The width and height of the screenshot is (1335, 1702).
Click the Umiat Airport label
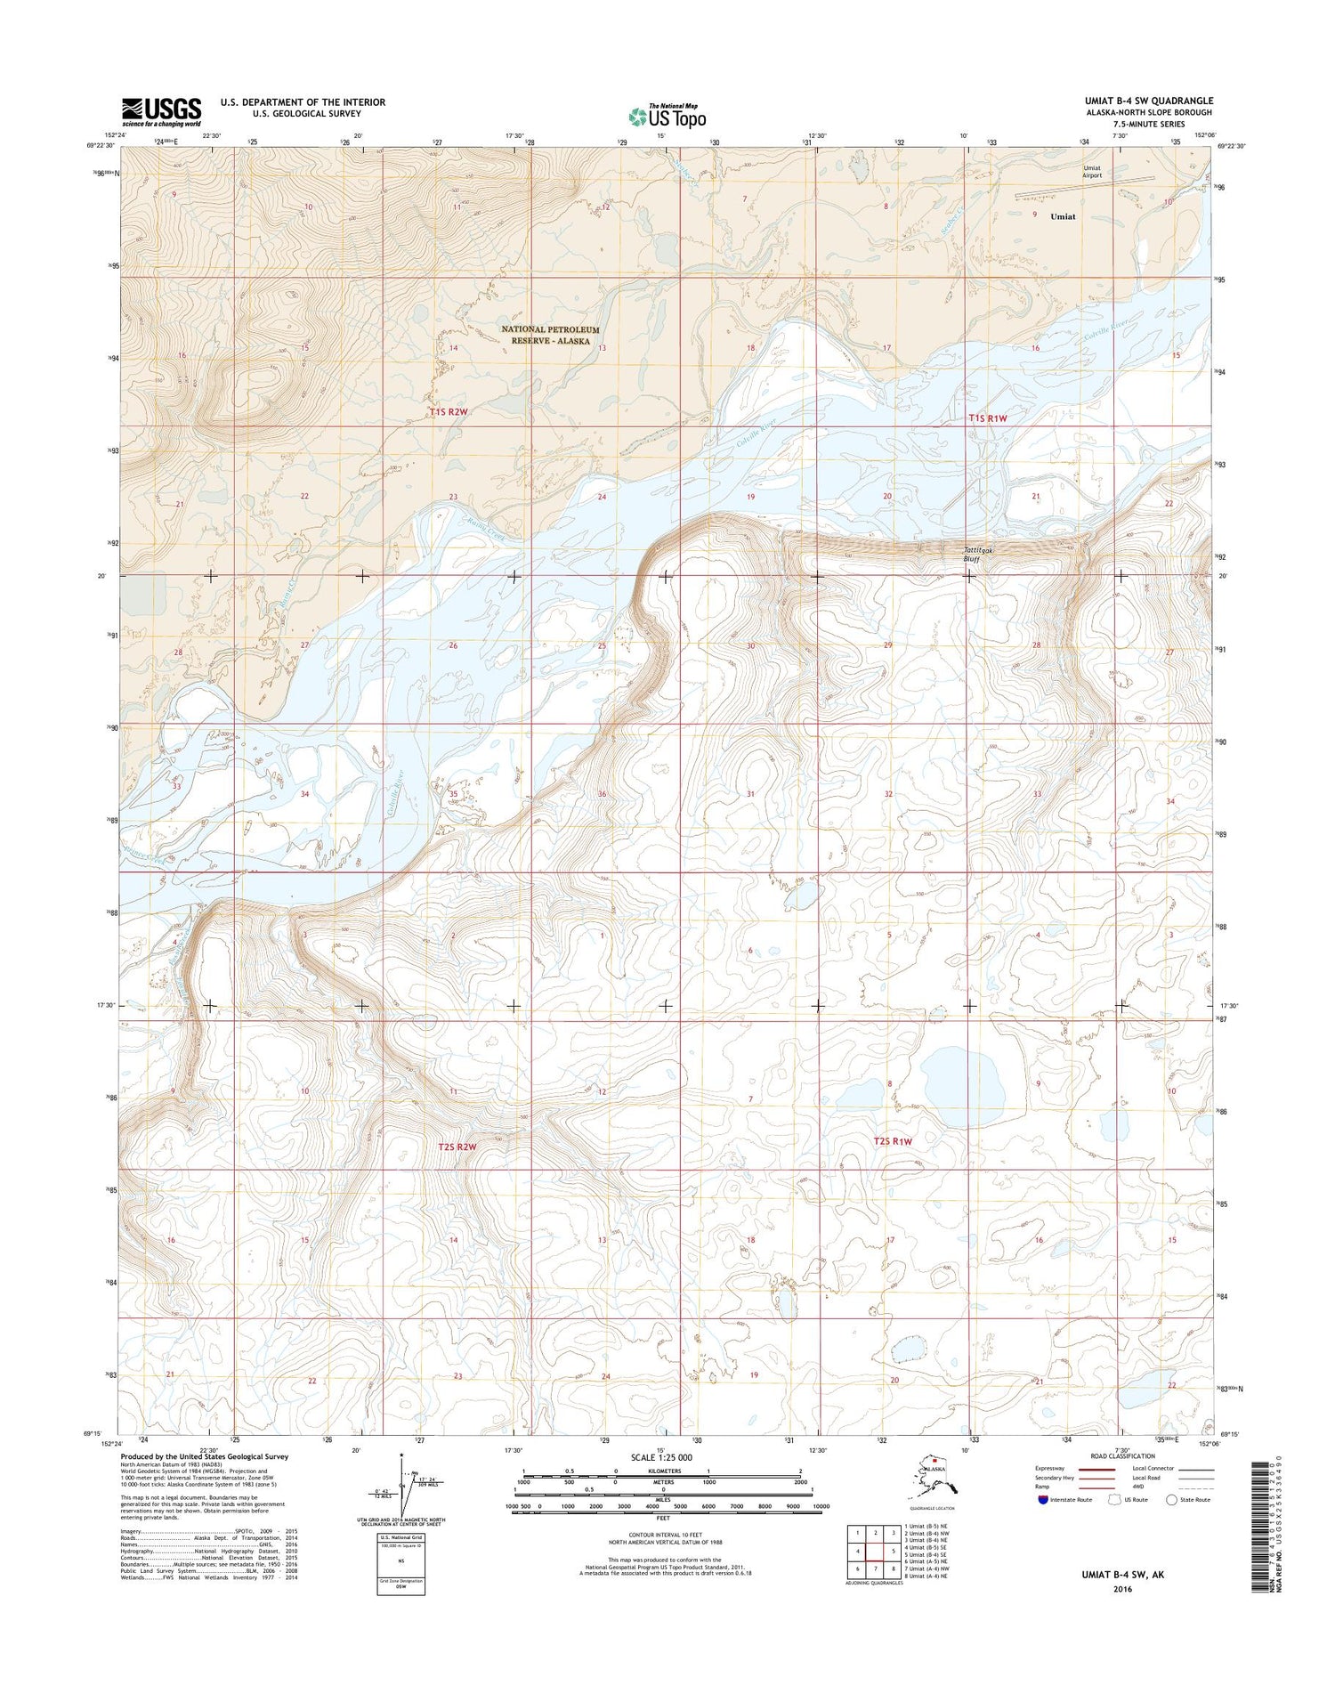(1091, 172)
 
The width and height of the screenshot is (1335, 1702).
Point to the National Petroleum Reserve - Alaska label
(550, 335)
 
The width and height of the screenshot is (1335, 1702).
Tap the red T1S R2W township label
(448, 412)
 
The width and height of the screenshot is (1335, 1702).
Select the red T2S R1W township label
(893, 1141)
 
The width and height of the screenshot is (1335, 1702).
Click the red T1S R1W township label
(988, 417)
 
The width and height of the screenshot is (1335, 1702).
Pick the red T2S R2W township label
(457, 1147)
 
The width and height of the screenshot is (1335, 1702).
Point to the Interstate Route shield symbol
(1042, 1499)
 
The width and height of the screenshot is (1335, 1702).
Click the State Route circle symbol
(1173, 1500)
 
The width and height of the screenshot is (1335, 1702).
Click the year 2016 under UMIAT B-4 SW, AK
(1121, 1589)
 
